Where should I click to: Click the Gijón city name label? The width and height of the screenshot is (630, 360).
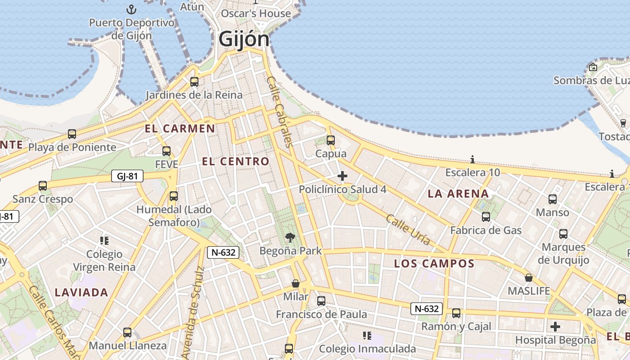244,39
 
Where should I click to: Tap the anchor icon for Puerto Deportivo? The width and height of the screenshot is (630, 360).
131,9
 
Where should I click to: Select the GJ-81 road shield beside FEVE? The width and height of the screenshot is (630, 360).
127,176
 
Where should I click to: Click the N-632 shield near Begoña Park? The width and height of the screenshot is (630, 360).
223,252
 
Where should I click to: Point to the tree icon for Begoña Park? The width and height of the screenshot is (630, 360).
290,237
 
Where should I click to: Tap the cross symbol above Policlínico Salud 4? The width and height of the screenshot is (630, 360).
342,176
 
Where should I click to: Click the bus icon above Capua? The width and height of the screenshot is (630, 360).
331,140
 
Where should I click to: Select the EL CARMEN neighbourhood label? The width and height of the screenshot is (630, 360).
180,129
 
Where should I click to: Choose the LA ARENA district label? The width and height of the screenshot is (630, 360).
458,194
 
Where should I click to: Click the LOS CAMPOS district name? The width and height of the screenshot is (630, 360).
434,264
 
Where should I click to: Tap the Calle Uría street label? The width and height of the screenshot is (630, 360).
408,230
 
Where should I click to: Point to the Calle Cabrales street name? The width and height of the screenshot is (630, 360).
279,111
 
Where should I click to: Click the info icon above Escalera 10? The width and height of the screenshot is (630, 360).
472,159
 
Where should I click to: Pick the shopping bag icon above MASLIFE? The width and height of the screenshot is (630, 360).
529,278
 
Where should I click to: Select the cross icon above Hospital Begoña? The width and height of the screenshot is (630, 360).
555,327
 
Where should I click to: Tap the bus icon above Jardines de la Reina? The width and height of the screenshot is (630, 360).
194,82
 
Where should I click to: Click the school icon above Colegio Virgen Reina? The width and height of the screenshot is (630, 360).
104,241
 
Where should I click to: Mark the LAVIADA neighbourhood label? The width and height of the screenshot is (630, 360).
81,292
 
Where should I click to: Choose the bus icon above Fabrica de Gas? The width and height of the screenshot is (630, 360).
486,217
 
